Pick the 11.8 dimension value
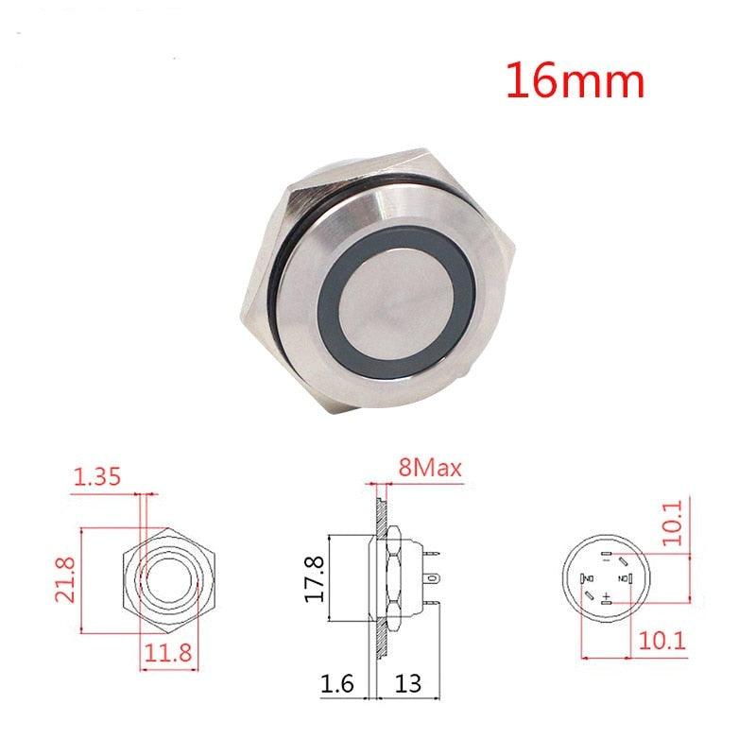(169, 650)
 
